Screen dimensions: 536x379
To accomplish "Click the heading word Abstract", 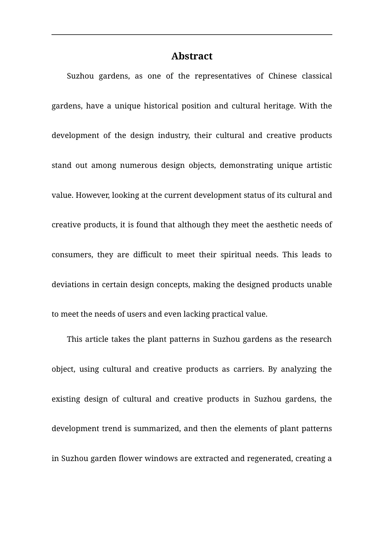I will [191, 56].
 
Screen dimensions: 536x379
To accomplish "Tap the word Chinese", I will [282, 76].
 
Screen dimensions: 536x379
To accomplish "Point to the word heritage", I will [278, 106].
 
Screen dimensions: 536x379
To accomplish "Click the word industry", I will [174, 136].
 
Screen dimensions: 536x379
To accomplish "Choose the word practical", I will [227, 314].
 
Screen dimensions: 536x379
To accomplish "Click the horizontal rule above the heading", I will [191, 35].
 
